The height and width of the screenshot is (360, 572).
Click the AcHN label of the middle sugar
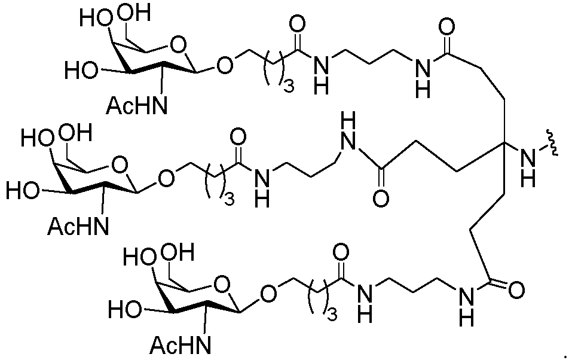click(78, 226)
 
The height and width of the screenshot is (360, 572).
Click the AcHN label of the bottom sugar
click(181, 345)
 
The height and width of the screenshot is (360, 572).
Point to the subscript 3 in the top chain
click(289, 86)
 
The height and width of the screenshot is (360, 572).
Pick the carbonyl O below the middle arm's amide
click(381, 199)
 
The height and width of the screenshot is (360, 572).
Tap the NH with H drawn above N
click(348, 132)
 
